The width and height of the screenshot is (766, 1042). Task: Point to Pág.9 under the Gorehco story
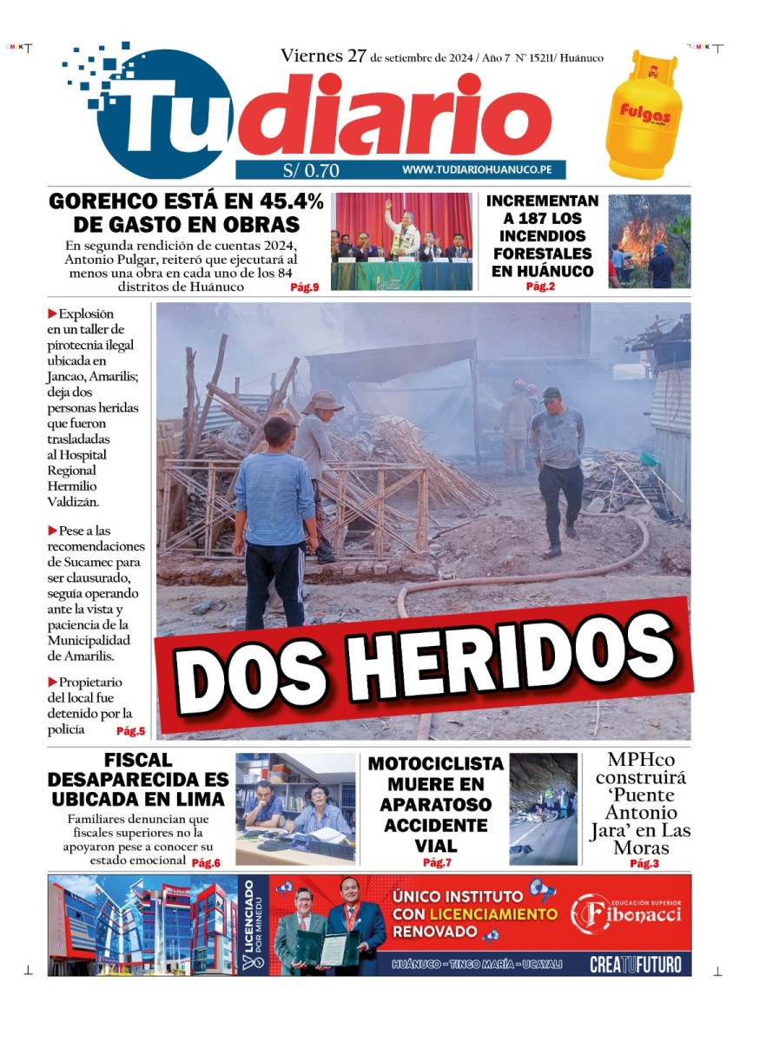[x=304, y=287]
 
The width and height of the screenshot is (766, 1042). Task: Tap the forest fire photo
[x=649, y=241]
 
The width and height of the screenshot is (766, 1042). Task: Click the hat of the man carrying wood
[x=323, y=401]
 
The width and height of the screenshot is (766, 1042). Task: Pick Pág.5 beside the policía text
[x=130, y=731]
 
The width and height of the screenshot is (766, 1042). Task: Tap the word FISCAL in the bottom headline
[x=138, y=761]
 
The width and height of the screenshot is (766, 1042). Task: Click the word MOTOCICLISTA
[x=435, y=764]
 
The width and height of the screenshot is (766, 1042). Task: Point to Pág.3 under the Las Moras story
[x=644, y=863]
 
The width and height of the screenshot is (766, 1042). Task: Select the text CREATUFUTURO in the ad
[x=635, y=964]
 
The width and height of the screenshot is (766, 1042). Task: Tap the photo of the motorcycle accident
[x=543, y=808]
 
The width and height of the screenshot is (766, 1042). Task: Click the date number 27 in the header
[x=356, y=56]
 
